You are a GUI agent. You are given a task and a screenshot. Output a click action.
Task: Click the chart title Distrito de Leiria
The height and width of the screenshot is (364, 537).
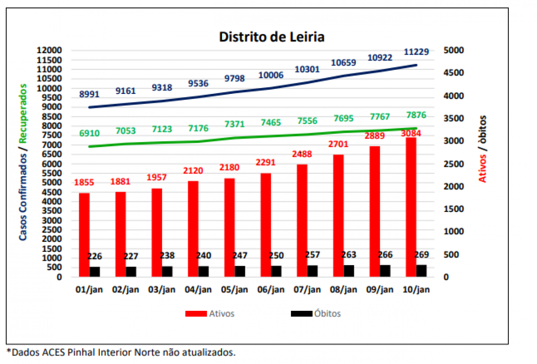(x=272, y=37)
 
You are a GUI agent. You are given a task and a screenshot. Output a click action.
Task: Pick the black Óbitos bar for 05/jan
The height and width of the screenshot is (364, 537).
(x=240, y=271)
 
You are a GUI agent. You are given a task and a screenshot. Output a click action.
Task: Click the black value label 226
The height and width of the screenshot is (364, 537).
(x=94, y=257)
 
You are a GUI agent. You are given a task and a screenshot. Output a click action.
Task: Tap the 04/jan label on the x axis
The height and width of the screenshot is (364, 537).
(x=198, y=290)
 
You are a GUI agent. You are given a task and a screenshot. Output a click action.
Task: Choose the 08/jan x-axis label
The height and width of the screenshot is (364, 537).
(x=343, y=290)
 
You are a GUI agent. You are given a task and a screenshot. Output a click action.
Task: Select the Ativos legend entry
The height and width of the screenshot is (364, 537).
(x=210, y=313)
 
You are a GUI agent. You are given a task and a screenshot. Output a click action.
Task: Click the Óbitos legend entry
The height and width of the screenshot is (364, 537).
(x=315, y=313)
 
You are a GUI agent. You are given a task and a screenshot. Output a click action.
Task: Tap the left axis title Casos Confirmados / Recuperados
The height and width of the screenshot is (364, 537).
(x=23, y=162)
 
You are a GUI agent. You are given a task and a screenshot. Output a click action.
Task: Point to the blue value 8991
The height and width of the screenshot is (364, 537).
(x=89, y=94)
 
